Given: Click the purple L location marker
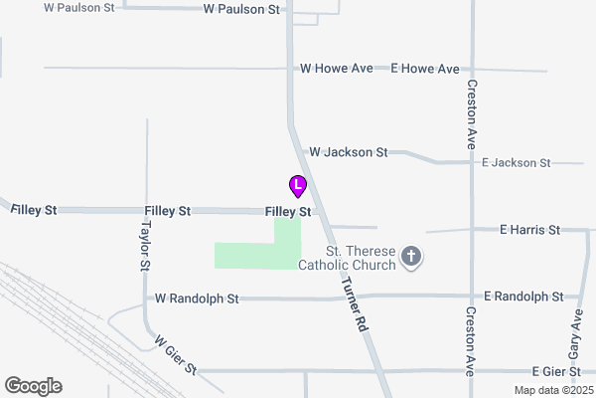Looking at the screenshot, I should pos(297,185).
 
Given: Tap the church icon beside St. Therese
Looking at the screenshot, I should pos(411,259).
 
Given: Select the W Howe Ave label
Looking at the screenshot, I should pos(336,69).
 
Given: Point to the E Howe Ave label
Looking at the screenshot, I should pos(425,69).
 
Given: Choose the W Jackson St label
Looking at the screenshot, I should pos(348,152).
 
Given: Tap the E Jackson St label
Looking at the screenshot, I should pos(516,162).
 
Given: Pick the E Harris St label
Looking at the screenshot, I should pos(529,230).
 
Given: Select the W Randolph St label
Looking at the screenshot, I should pos(197,298).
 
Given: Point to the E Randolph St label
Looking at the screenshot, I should pos(523,297).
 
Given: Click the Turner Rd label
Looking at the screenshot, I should pos(355,303).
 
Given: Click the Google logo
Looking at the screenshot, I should pos(33,386).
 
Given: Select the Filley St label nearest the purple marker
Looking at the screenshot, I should pos(288,212).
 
